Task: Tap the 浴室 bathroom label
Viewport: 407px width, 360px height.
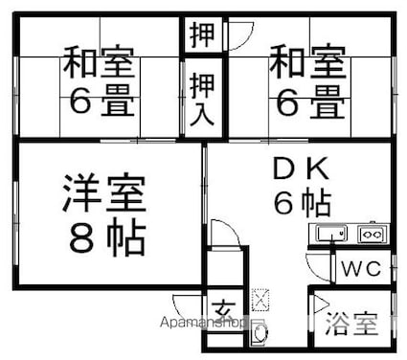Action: point(351,324)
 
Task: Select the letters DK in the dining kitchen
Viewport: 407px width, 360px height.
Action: point(301,169)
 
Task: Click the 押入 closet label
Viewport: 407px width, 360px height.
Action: point(202,98)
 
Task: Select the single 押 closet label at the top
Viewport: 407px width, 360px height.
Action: point(202,34)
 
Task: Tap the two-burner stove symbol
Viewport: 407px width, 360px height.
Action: point(371,233)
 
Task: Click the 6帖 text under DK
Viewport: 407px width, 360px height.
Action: point(301,203)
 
